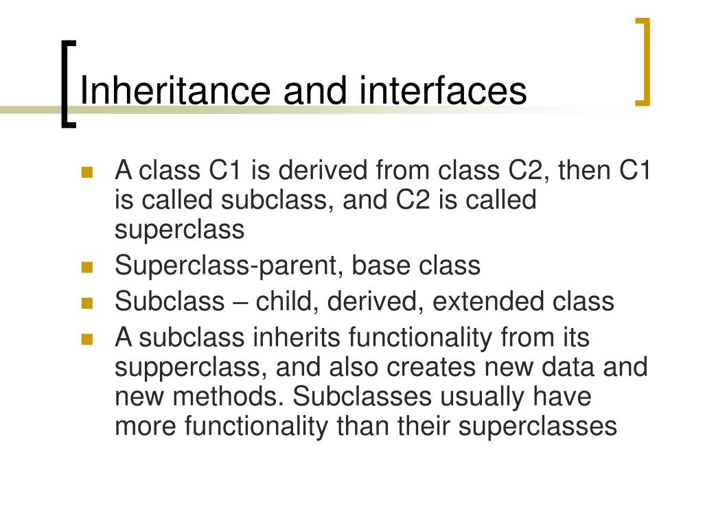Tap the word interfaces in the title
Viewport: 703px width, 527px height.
pos(443,91)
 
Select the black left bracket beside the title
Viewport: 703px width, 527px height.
pos(67,84)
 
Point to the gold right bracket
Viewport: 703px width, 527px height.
pos(643,62)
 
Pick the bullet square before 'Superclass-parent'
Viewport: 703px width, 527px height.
pos(87,268)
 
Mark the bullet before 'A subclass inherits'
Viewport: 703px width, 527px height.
pos(87,339)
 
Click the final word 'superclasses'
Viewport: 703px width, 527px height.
pos(538,426)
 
